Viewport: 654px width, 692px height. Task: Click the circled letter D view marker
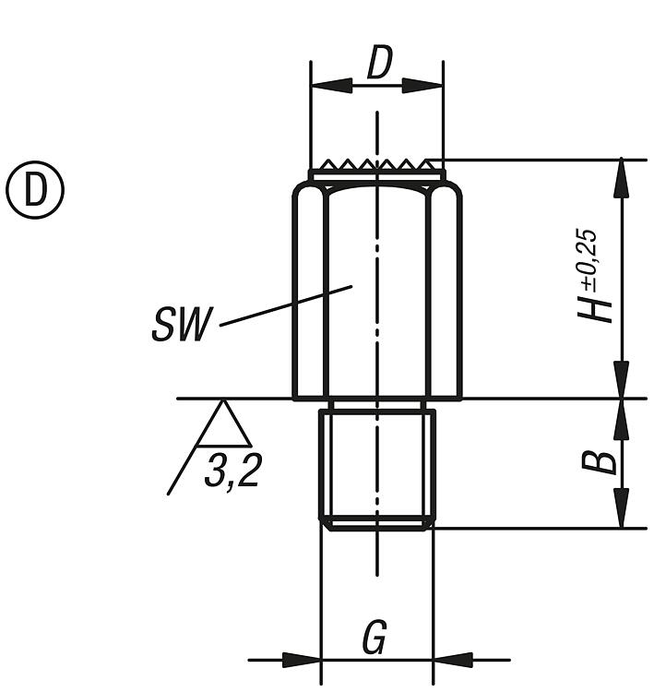tap(36, 191)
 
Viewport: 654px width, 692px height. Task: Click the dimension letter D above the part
tap(378, 65)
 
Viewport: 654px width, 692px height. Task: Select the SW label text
tap(182, 326)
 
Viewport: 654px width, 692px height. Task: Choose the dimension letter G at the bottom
tap(374, 638)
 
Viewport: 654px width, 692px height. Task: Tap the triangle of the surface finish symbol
tap(223, 426)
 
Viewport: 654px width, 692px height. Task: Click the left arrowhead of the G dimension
tap(301, 660)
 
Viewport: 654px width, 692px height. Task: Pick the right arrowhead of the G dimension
tap(453, 660)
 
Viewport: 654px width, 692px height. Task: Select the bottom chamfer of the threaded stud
tap(376, 524)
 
